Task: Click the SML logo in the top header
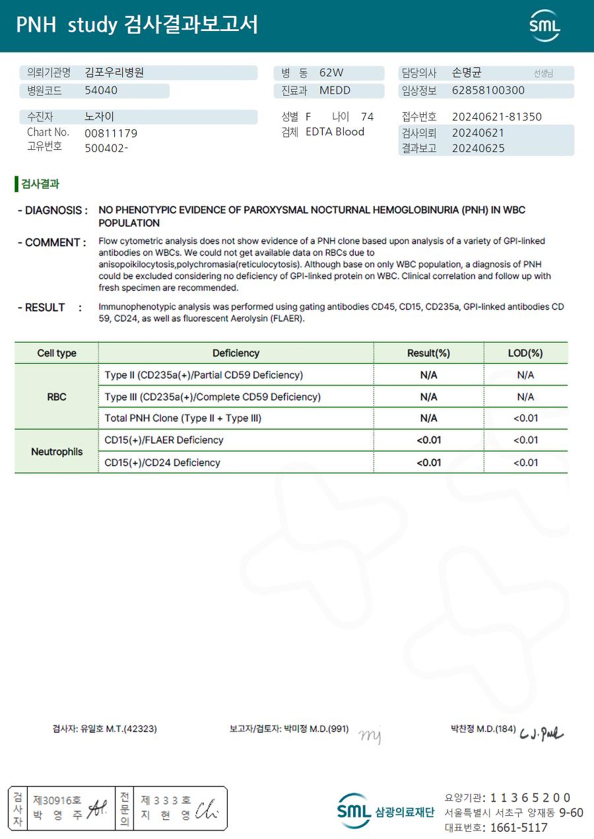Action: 544,26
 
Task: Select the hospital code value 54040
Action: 101,90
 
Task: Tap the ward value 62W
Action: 331,73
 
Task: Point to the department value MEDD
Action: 335,90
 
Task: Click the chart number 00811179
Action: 111,133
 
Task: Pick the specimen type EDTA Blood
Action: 335,132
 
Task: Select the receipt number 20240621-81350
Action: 496,117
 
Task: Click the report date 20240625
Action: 478,149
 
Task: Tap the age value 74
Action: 367,117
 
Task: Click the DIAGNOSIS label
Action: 53,211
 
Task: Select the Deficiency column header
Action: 236,353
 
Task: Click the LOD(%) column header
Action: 525,353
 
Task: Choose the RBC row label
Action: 57,397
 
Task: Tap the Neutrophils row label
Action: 57,452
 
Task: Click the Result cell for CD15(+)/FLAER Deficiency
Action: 428,440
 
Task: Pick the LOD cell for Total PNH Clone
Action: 525,419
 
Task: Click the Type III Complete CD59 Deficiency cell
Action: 213,397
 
